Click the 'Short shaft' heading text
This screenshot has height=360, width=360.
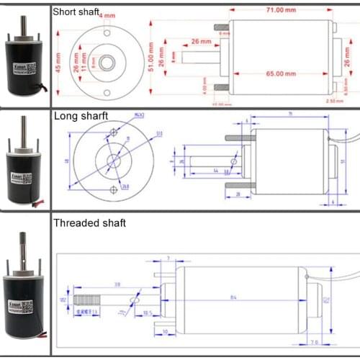click(76, 12)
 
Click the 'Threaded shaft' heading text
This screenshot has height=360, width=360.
click(89, 223)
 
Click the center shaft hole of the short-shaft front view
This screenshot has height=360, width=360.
click(107, 63)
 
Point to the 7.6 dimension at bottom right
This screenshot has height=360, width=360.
click(336, 342)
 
